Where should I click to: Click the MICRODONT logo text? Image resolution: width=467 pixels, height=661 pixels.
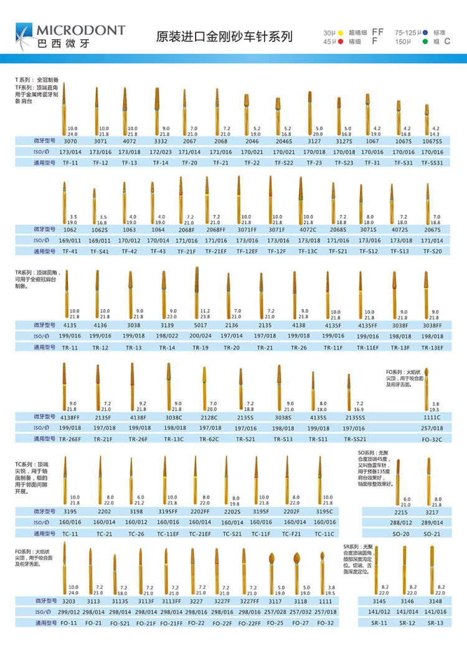click(x=80, y=31)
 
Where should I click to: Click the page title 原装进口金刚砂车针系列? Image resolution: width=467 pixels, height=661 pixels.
click(x=224, y=37)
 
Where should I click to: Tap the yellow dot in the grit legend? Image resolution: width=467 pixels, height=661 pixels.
click(x=341, y=32)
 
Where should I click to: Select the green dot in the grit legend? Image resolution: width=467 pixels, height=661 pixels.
click(x=424, y=41)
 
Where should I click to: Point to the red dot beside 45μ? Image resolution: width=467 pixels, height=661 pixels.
click(x=341, y=41)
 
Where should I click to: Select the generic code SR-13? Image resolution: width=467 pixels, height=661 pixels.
click(x=435, y=622)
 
